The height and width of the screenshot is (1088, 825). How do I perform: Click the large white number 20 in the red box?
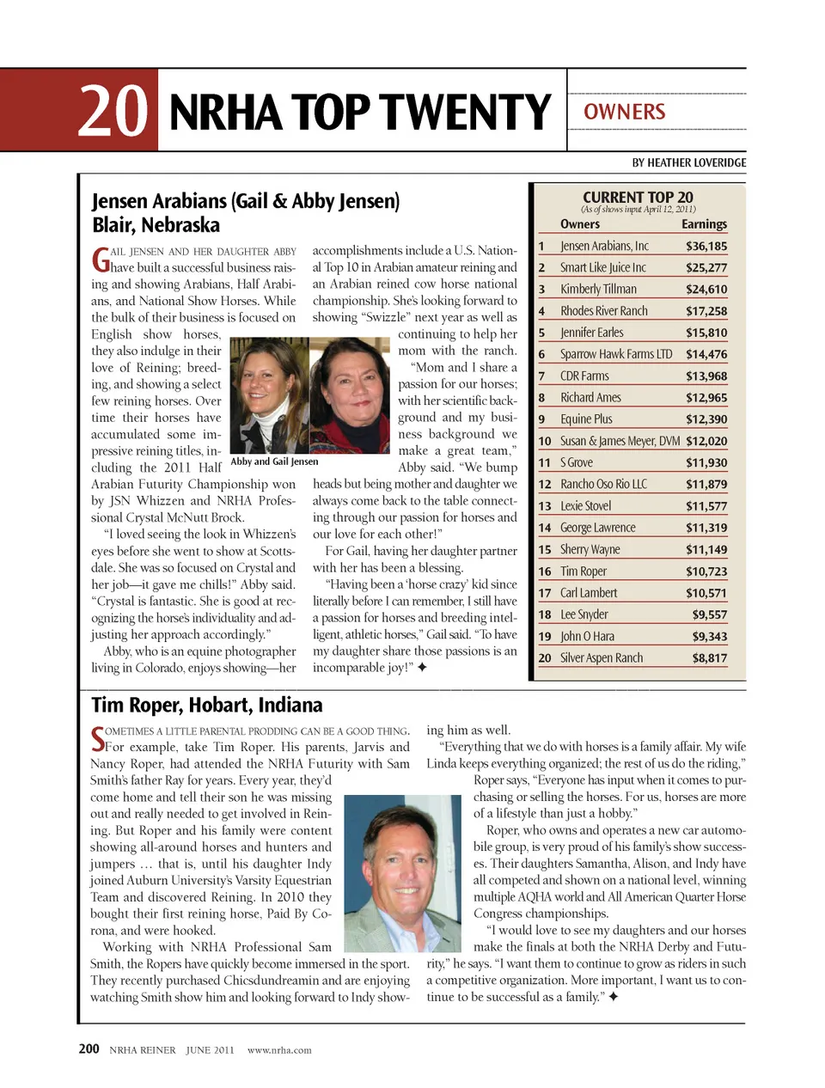tap(113, 111)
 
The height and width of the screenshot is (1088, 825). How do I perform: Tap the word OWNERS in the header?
tap(625, 112)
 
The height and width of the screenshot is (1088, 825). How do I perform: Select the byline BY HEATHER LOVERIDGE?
tap(688, 162)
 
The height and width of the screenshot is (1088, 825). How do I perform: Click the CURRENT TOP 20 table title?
tap(638, 197)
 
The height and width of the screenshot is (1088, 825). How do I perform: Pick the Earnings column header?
tap(704, 223)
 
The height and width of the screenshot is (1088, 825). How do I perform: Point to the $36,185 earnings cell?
tap(706, 246)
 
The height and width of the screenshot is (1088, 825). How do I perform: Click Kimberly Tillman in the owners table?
tap(598, 289)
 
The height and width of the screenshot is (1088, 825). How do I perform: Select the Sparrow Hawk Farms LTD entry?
tap(616, 354)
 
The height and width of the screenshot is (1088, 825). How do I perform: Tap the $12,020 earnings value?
tap(706, 441)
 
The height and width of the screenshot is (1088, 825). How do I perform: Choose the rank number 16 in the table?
tap(545, 572)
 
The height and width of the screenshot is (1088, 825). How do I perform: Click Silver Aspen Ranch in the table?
tap(602, 657)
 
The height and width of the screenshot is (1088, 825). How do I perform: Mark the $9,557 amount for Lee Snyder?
tap(709, 614)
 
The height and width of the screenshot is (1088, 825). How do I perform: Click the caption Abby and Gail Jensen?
tap(274, 461)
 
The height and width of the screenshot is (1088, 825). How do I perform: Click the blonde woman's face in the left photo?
tap(262, 377)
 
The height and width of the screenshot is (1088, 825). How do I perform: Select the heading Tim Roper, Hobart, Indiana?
tap(207, 705)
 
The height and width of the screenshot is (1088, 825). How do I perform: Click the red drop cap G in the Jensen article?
tap(101, 258)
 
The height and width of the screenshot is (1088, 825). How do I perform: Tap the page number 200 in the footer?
tap(89, 1048)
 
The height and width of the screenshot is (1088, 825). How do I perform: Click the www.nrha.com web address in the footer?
tap(279, 1049)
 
